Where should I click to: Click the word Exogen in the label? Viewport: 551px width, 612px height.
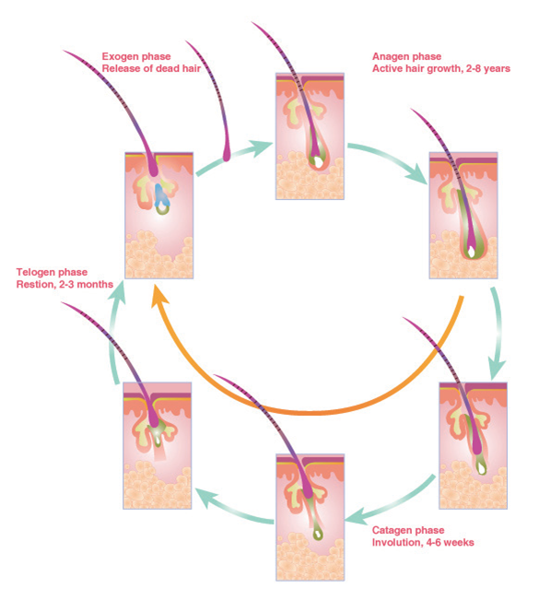point(120,56)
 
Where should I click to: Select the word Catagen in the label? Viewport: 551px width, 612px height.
point(392,530)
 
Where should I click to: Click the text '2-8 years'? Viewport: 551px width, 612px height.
point(488,69)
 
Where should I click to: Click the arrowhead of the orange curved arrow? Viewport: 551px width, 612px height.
point(158,295)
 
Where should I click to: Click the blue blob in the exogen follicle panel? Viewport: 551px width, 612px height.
point(161,196)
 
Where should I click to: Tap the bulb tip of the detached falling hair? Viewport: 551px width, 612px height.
point(227,155)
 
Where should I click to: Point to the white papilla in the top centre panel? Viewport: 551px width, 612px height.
point(319,162)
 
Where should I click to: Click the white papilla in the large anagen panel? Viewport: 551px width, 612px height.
point(472,253)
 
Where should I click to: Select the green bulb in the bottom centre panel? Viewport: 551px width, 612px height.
point(318,534)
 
